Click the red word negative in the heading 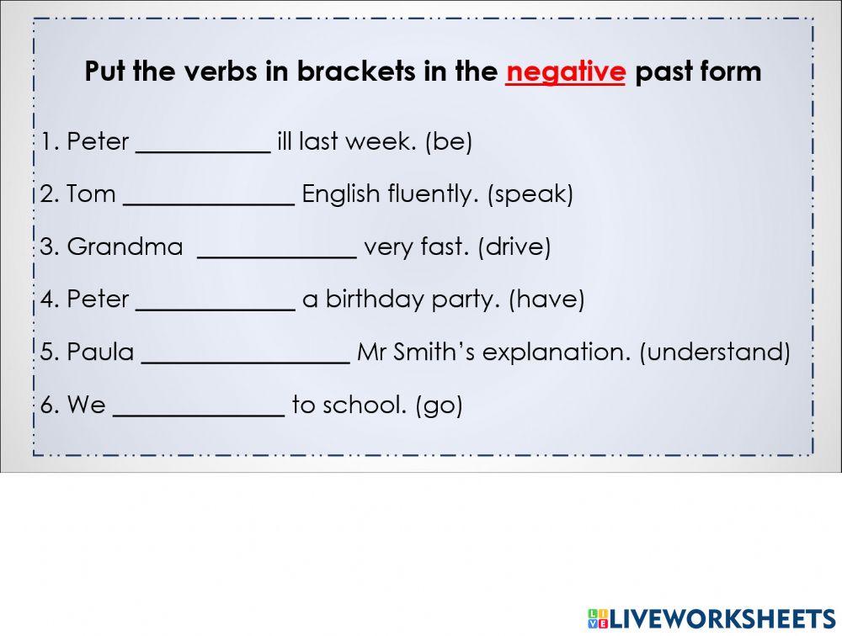pyautogui.click(x=566, y=72)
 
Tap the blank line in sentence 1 pyautogui.click(x=203, y=145)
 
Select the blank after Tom pyautogui.click(x=209, y=197)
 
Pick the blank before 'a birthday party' pyautogui.click(x=216, y=302)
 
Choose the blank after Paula pyautogui.click(x=246, y=355)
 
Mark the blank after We pyautogui.click(x=199, y=408)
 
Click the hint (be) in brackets pyautogui.click(x=449, y=142)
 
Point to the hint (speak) pyautogui.click(x=530, y=195)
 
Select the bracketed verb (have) pyautogui.click(x=546, y=299)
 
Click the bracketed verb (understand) pyautogui.click(x=715, y=352)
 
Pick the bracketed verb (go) pyautogui.click(x=439, y=406)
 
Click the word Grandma pyautogui.click(x=125, y=247)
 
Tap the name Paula pyautogui.click(x=100, y=352)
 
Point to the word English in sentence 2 pyautogui.click(x=341, y=195)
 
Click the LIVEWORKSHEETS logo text pyautogui.click(x=721, y=619)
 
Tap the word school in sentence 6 pyautogui.click(x=366, y=405)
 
